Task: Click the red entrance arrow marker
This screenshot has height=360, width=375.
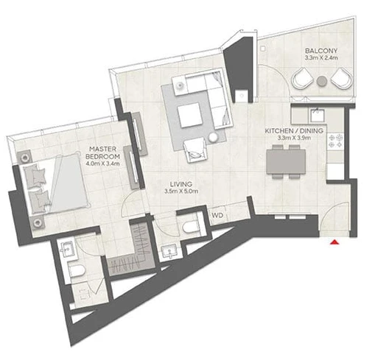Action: pos(334,242)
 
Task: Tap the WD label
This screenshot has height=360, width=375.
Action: pos(217,216)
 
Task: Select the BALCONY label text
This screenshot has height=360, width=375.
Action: pos(321,51)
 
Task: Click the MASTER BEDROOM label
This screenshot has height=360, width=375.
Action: pos(102,152)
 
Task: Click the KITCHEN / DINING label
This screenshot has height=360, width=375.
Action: pos(294,131)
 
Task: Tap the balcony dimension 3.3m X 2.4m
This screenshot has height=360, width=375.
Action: pos(321,58)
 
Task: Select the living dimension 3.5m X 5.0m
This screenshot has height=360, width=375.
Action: pos(181,191)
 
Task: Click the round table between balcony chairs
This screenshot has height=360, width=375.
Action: pos(322,81)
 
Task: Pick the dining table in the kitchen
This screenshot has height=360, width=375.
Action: pos(286,162)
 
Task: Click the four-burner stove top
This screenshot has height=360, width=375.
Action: pos(335,141)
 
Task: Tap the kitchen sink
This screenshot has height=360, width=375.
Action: pos(317,116)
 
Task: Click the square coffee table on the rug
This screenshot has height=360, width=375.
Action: pos(190,115)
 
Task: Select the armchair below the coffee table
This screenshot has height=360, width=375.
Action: pos(195,150)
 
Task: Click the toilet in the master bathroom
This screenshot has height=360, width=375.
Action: pos(77,270)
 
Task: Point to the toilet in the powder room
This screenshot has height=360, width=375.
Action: pos(192,227)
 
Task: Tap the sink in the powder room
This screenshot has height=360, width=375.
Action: pos(169,251)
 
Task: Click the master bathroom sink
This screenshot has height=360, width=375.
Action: pos(66,250)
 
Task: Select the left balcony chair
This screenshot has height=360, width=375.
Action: pos(302,79)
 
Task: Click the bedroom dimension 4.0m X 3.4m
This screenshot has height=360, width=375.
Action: pos(102,163)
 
